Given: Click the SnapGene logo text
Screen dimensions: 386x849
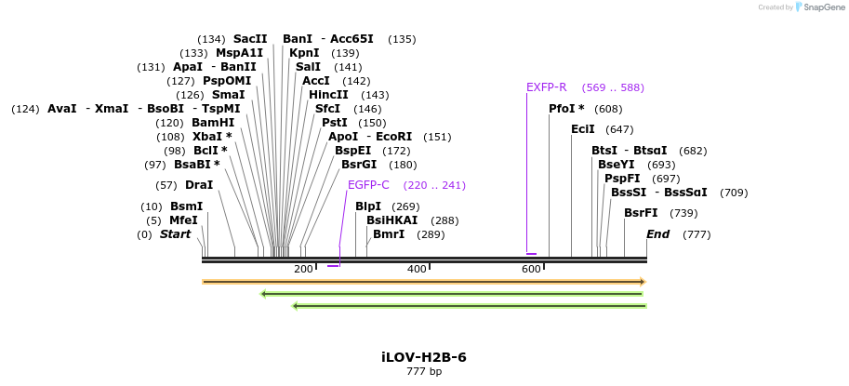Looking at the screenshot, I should [823, 7].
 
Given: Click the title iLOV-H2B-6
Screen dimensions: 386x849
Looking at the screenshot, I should [424, 357].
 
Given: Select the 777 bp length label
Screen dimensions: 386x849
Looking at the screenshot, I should [424, 372].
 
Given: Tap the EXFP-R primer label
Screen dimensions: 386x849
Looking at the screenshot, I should [546, 87].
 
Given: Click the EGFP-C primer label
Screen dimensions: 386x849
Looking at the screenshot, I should [368, 185].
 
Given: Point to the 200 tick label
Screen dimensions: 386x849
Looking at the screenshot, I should [303, 269].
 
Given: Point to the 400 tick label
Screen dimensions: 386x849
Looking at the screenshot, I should [417, 269].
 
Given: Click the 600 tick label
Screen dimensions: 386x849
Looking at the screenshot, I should [531, 269].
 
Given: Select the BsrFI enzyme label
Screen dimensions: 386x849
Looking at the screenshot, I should [641, 213].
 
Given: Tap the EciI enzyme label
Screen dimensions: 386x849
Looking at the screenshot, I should [583, 129].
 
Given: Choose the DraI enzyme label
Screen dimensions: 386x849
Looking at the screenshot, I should [199, 185].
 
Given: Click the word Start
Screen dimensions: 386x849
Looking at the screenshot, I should [175, 234].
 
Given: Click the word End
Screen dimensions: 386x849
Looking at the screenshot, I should [657, 234].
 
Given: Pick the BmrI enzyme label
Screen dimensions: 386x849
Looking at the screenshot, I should [389, 234].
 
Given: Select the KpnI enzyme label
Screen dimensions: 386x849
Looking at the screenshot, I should [304, 53].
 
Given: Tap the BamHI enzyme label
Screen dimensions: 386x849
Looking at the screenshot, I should [213, 123].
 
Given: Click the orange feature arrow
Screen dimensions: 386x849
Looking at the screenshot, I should [424, 281].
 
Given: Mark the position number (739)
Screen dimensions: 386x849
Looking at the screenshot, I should [683, 213].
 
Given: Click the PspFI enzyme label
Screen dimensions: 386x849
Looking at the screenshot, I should [622, 179].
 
